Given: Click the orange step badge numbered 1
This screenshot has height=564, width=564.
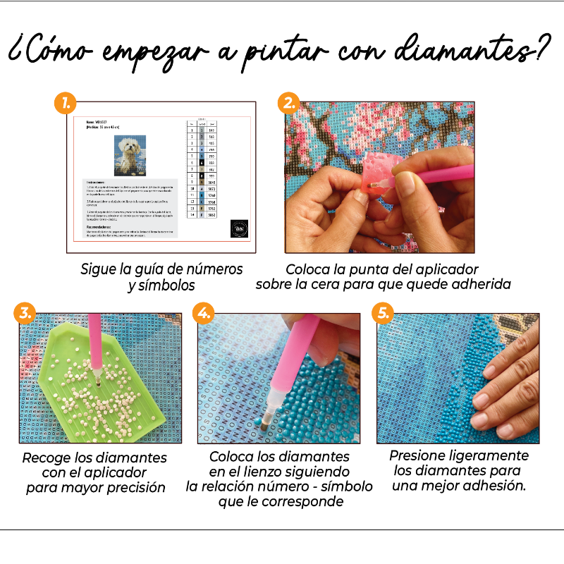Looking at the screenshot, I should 64,104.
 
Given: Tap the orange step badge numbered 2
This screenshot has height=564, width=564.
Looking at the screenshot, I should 288,104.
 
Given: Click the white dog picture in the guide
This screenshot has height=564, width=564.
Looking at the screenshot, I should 130,155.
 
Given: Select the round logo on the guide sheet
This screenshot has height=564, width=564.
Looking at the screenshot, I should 239,228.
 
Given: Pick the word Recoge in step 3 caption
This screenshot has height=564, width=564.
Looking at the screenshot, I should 44,457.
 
